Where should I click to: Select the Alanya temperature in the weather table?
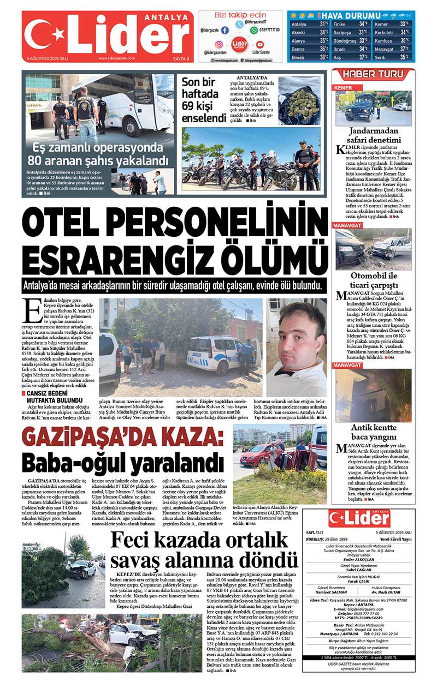(323, 40)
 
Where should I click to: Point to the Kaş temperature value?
(363, 57)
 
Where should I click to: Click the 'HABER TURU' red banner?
(374, 74)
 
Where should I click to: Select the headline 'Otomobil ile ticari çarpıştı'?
(374, 280)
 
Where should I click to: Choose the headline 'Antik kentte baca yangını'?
(374, 432)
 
